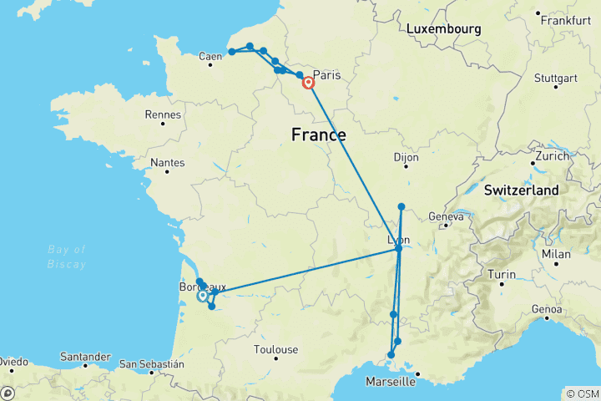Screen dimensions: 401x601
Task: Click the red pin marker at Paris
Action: click(308, 83)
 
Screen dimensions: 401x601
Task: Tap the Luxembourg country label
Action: click(443, 29)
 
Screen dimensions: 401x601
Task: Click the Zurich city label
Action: click(553, 156)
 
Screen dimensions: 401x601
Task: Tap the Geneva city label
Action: click(446, 217)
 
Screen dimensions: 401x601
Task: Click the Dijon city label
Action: click(406, 156)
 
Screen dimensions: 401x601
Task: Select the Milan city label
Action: click(557, 254)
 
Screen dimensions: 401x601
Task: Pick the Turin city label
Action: click(501, 275)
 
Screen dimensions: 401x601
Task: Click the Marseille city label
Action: click(391, 382)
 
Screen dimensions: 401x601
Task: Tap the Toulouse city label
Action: click(277, 349)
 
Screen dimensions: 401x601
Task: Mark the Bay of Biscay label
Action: click(68, 256)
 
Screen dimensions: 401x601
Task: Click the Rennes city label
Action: click(163, 114)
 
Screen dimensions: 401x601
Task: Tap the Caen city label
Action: click(210, 57)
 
